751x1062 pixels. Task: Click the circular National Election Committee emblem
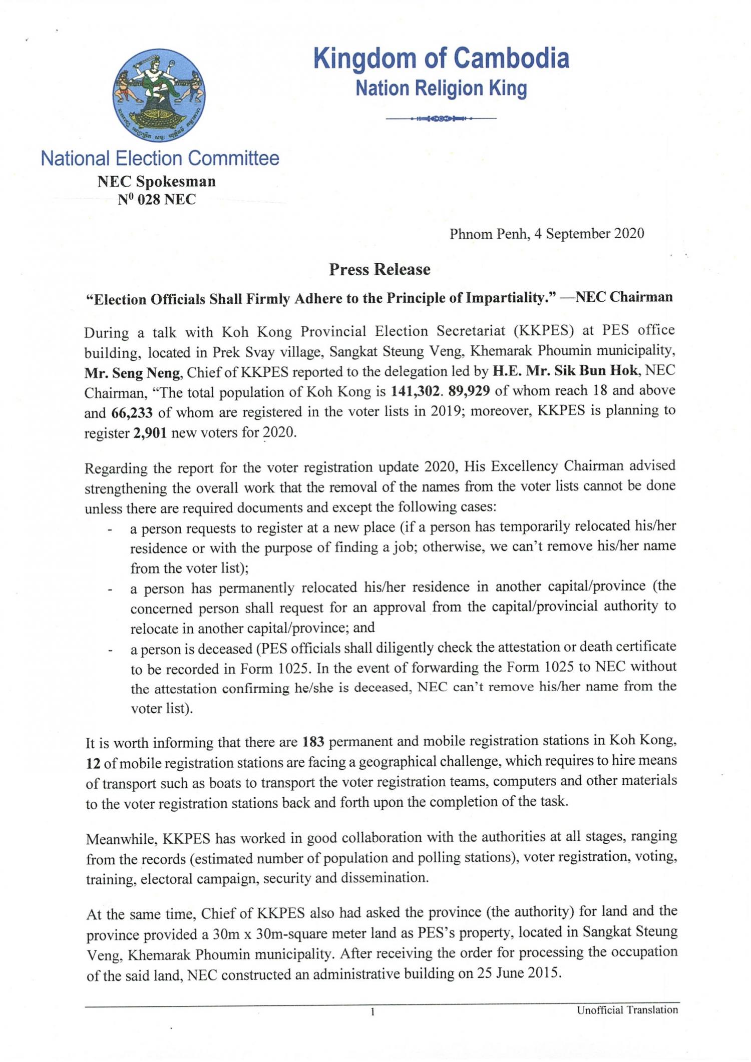[159, 95]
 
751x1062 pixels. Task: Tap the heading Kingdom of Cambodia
[441, 59]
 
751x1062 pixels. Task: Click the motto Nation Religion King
[441, 89]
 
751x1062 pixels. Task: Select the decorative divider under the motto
[441, 119]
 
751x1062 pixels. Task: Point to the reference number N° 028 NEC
[157, 200]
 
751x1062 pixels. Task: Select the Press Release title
[380, 270]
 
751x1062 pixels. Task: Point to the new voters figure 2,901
[150, 433]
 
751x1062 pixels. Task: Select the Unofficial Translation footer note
[627, 1010]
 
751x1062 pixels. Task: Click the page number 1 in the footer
[372, 1013]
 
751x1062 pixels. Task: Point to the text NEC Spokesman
[157, 181]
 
